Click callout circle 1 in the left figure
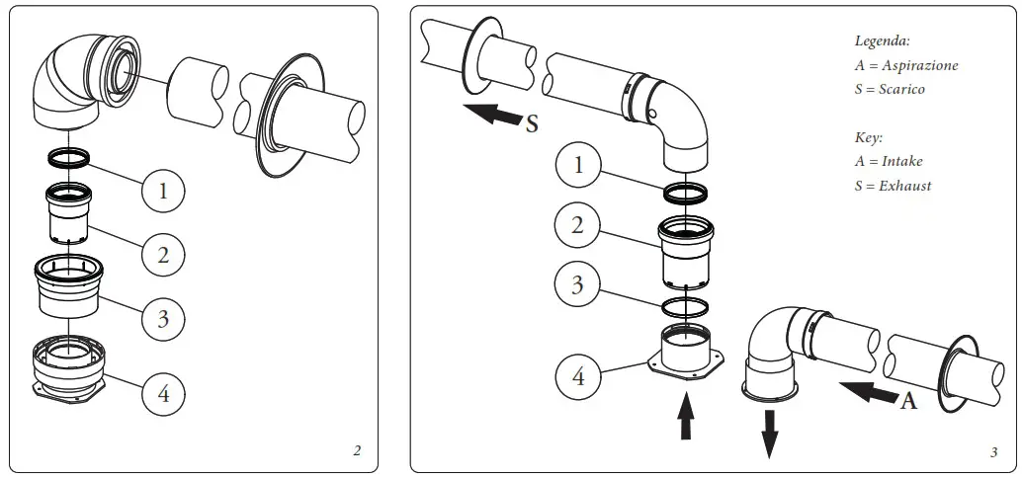click(163, 189)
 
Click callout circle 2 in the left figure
click(163, 254)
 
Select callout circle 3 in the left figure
click(163, 318)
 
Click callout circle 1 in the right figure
click(579, 165)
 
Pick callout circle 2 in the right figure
click(578, 224)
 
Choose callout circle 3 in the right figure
click(578, 285)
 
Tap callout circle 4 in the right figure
click(578, 375)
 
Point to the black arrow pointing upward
click(683, 416)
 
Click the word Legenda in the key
click(882, 41)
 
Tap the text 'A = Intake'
click(889, 161)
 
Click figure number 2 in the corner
click(357, 451)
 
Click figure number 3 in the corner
click(993, 452)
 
